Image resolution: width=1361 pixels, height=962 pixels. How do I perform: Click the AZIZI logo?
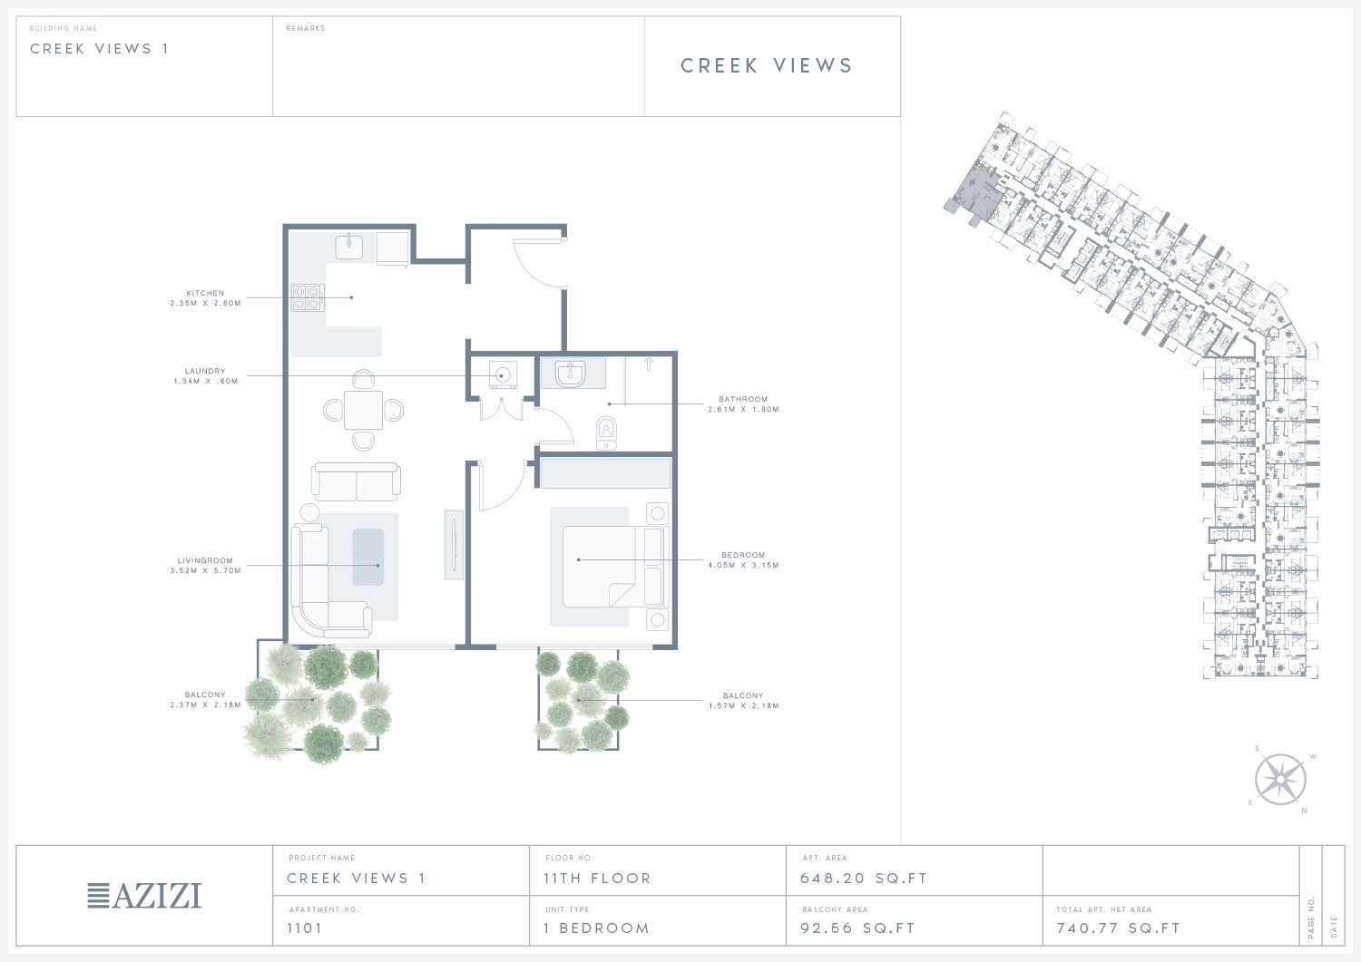tap(144, 896)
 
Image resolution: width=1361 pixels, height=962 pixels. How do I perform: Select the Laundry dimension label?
tap(205, 382)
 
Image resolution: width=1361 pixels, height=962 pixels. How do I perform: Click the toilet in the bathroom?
tap(606, 432)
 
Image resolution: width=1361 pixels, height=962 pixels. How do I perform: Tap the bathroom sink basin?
tap(570, 374)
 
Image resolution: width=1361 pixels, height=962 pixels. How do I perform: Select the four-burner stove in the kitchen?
tap(308, 297)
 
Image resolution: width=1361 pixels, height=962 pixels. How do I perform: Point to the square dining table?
tap(363, 411)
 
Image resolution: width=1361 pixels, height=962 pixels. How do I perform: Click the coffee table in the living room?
tap(368, 557)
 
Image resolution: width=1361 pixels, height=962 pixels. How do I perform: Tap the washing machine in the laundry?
tap(503, 376)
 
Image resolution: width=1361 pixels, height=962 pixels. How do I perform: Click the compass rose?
tap(1280, 780)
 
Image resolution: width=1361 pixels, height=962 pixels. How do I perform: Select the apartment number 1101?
tap(304, 928)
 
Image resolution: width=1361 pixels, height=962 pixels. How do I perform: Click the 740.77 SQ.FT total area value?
tap(1118, 928)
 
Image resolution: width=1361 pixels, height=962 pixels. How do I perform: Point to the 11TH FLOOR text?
tap(597, 879)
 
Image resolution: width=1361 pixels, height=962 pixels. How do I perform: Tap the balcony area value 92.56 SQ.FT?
tap(857, 928)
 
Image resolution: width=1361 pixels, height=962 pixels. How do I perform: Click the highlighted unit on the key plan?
tap(976, 191)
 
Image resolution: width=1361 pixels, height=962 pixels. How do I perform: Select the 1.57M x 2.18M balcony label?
tap(743, 705)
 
